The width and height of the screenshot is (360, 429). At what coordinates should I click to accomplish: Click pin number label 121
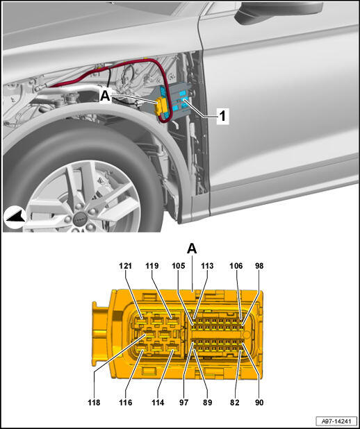[126, 266]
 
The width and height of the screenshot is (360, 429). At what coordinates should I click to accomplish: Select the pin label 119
[152, 266]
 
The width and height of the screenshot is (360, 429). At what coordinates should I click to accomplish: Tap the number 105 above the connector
[179, 266]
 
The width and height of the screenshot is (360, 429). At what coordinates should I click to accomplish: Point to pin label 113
[207, 266]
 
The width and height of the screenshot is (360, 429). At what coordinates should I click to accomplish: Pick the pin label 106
[236, 266]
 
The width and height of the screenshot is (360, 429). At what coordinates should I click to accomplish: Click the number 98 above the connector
[259, 266]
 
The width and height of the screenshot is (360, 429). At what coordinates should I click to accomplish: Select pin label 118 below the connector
[94, 403]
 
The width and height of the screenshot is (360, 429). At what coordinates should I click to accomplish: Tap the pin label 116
[126, 403]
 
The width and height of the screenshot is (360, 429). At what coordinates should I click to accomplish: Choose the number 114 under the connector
[158, 403]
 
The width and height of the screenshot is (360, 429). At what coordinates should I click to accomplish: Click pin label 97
[184, 403]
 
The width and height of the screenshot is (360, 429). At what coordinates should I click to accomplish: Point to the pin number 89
[207, 403]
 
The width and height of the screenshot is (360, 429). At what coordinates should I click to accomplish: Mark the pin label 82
[235, 403]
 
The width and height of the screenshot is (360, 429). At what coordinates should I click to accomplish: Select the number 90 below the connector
[259, 403]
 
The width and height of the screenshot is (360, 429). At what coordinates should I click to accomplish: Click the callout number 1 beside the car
[222, 116]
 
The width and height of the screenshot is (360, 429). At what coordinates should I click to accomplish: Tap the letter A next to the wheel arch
[105, 96]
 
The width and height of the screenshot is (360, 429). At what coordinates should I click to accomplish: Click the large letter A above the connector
[192, 249]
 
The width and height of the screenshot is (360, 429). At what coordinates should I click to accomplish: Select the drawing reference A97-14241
[336, 421]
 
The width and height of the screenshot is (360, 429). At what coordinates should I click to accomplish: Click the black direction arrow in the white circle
[15, 217]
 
